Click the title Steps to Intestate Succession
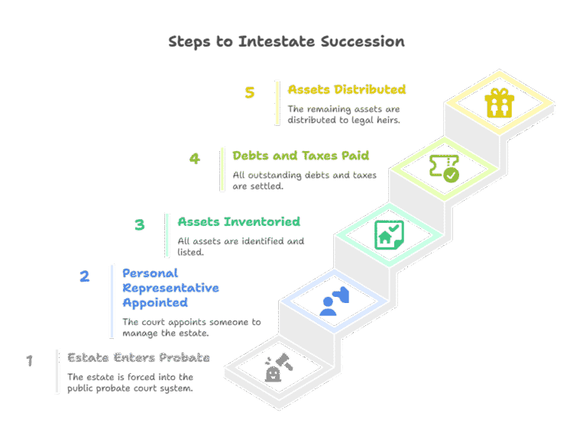coord(286,41)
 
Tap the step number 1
coord(30,360)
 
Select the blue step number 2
coord(85,276)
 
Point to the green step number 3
coord(140,225)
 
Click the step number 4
coord(195,159)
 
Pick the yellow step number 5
coord(250,92)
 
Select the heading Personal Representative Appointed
coord(170,288)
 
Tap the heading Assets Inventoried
coord(239,221)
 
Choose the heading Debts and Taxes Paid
coord(301,156)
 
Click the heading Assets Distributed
coord(346,89)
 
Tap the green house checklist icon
coord(389,234)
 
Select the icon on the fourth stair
coord(444,168)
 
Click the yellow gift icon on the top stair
coord(499,102)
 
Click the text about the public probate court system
coord(131,382)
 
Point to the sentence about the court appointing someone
coord(191,327)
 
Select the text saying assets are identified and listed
coord(241,246)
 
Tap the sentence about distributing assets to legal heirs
coord(345,114)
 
